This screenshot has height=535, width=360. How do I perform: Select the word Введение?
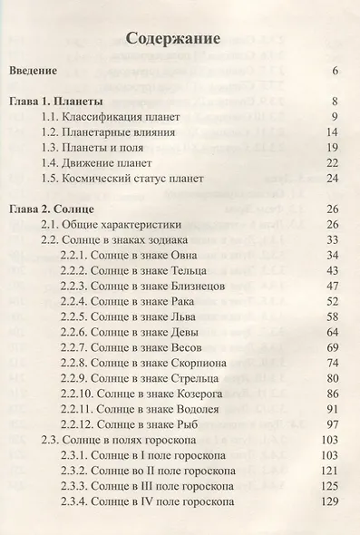33,71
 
